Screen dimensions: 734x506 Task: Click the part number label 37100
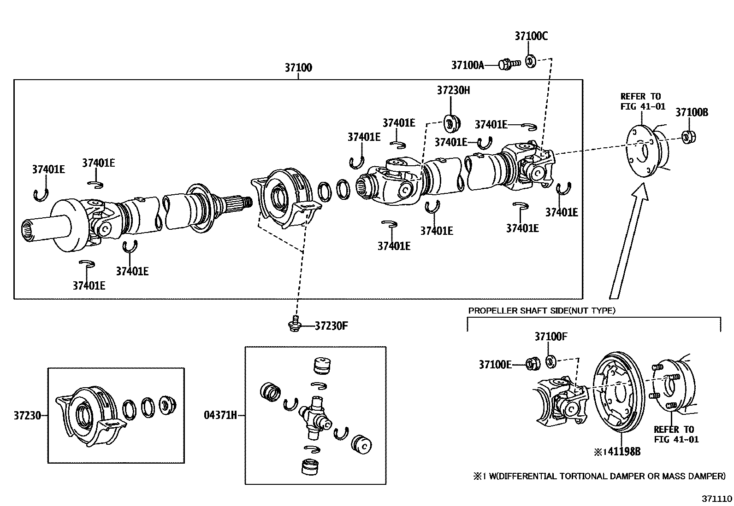(x=298, y=67)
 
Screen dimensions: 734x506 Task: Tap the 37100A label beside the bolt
(x=468, y=65)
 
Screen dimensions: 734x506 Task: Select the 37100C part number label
(x=531, y=35)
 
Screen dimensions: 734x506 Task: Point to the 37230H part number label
(x=454, y=90)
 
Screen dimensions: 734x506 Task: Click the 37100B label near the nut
(x=692, y=112)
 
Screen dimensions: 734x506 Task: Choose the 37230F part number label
(x=331, y=326)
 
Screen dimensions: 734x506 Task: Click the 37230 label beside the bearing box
(x=27, y=415)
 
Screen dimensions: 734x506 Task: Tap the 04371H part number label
(x=220, y=415)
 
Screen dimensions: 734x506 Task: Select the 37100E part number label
(x=495, y=364)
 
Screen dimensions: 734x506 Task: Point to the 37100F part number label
(x=551, y=336)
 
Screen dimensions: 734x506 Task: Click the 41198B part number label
(x=622, y=452)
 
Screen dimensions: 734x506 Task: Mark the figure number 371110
(x=716, y=499)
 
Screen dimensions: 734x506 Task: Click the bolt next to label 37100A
(x=509, y=64)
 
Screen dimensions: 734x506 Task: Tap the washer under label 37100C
(x=531, y=62)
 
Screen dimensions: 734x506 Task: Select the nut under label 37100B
(x=688, y=137)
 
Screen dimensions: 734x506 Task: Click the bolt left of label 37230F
(x=295, y=324)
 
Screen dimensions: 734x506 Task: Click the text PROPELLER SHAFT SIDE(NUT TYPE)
(x=542, y=311)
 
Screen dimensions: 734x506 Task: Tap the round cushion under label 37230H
(x=452, y=124)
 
